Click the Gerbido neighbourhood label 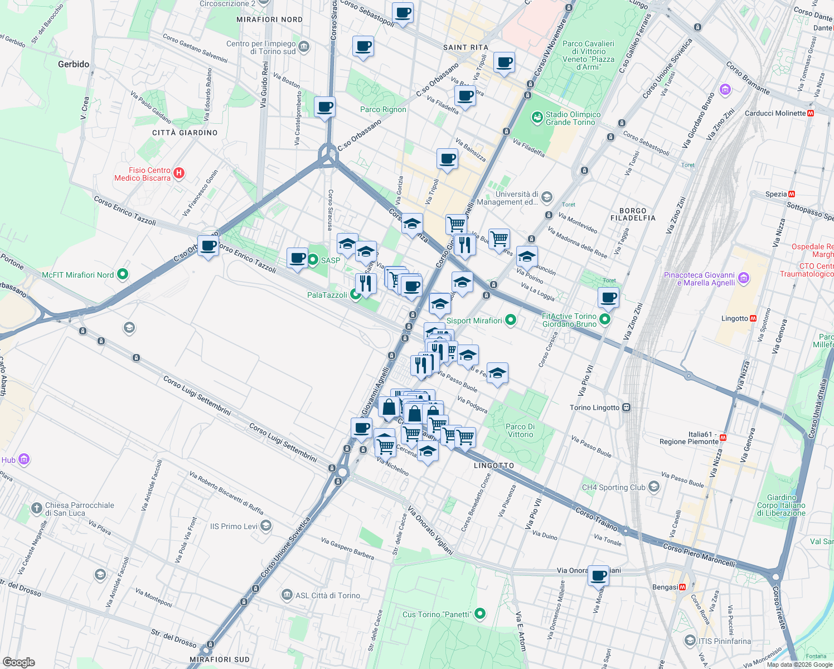click(x=74, y=64)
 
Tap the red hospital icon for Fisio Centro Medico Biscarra click(x=179, y=173)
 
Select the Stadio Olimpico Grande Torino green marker click(x=537, y=117)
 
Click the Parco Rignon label click(x=383, y=109)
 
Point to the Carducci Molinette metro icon click(x=811, y=113)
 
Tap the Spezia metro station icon click(x=792, y=194)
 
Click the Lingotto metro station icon click(x=753, y=318)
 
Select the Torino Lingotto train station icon click(x=627, y=408)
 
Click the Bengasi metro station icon click(x=682, y=587)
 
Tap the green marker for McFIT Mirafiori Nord click(x=123, y=274)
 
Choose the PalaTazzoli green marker click(x=355, y=294)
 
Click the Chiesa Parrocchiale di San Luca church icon click(x=36, y=508)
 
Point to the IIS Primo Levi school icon click(x=266, y=526)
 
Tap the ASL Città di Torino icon click(x=287, y=595)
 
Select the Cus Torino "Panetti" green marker click(x=479, y=614)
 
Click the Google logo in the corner click(x=18, y=662)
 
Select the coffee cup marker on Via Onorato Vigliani click(x=598, y=576)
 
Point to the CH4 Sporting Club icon click(x=654, y=487)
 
